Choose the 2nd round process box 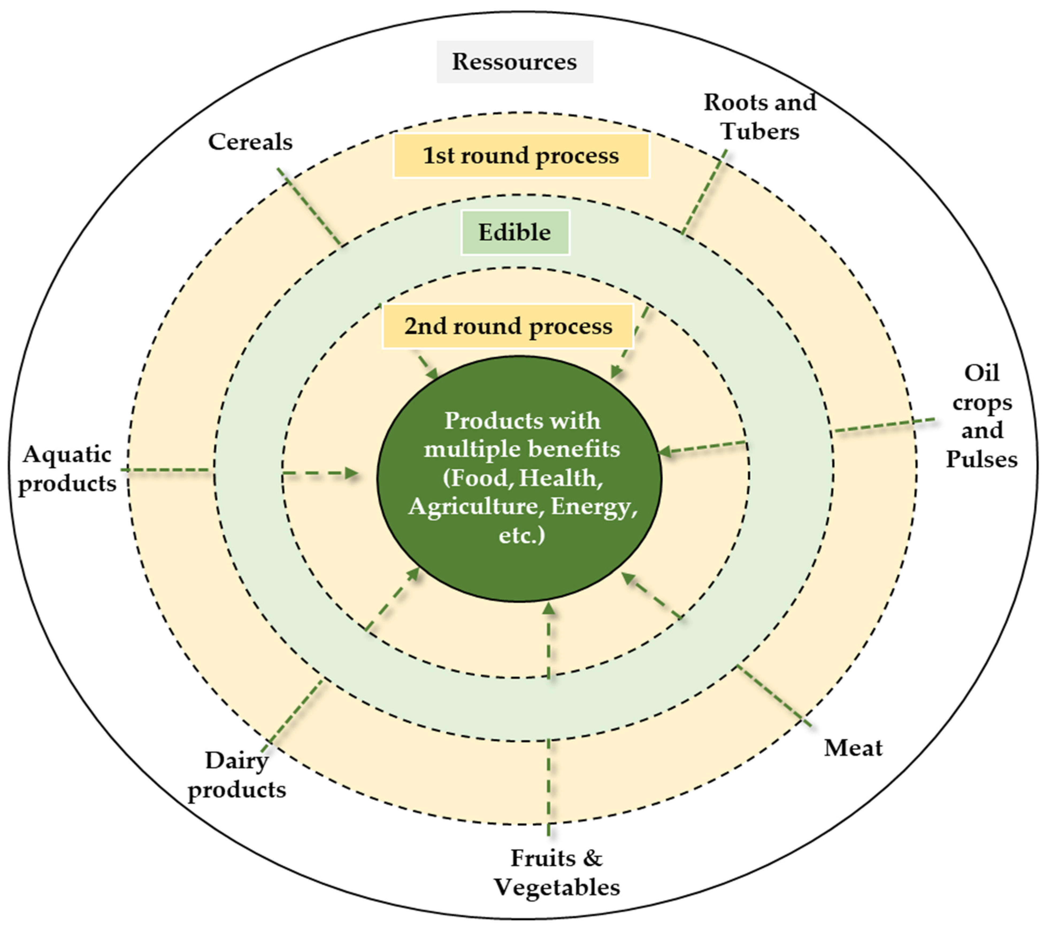click(x=508, y=326)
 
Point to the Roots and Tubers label click(x=760, y=117)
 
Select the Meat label click(x=853, y=748)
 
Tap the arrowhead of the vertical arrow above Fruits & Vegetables click(x=549, y=609)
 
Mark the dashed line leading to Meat click(x=774, y=697)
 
